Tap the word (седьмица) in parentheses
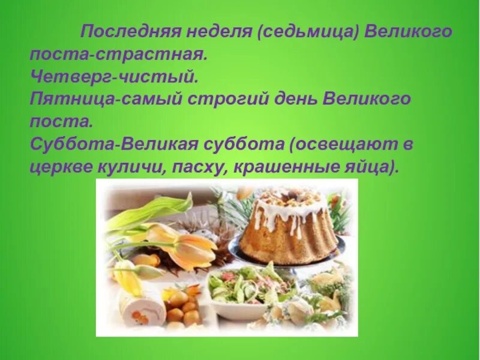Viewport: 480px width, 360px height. coord(308,31)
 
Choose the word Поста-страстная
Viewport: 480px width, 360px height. coord(118,54)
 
